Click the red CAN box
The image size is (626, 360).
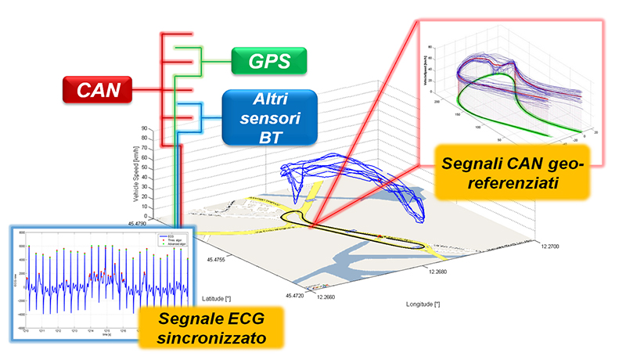click(x=99, y=90)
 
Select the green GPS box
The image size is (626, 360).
click(x=268, y=59)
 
